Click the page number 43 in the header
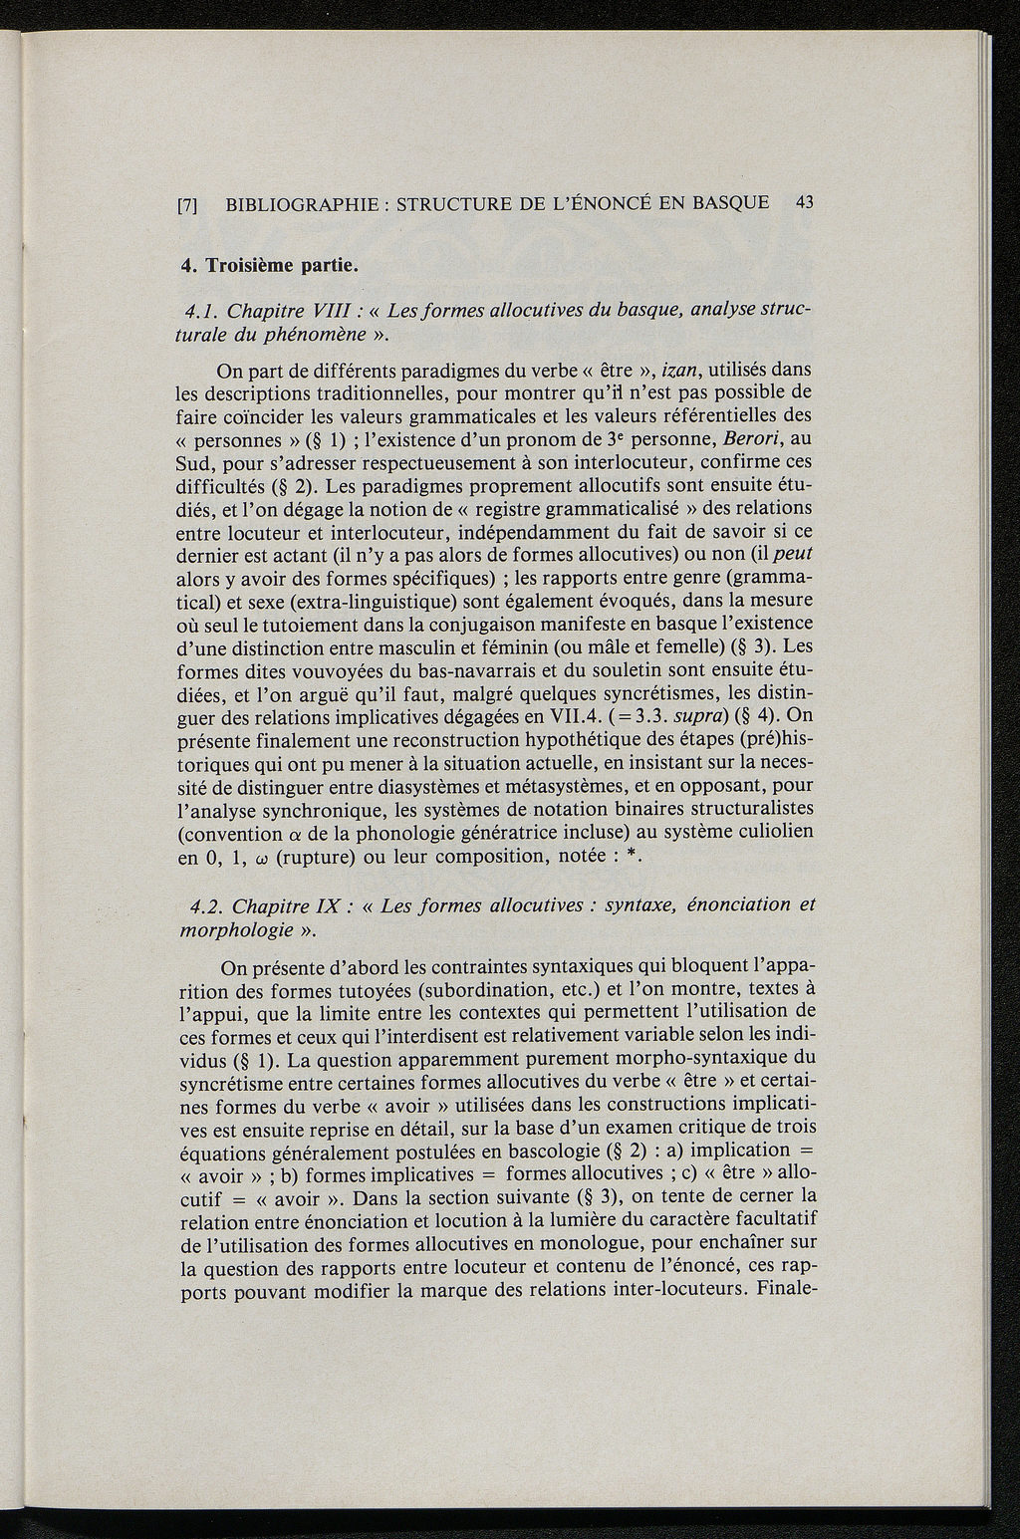(805, 202)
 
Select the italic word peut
(796, 554)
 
